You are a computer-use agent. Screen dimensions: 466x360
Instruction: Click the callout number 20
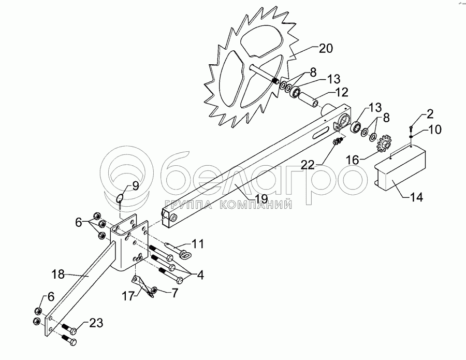click(326, 49)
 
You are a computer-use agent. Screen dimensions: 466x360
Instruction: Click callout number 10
click(435, 129)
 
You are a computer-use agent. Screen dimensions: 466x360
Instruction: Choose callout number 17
click(127, 296)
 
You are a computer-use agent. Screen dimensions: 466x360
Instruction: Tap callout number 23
click(96, 323)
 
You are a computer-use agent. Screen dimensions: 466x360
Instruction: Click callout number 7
click(174, 294)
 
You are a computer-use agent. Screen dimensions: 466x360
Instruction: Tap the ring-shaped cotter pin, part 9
click(120, 199)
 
